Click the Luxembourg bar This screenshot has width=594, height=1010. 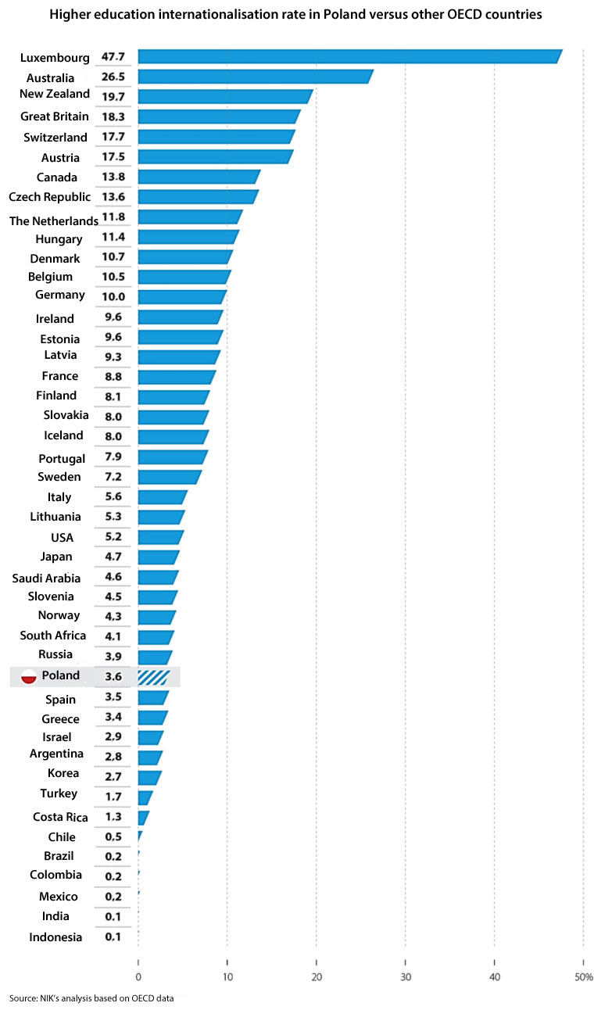349,56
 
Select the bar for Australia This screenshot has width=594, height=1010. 255,76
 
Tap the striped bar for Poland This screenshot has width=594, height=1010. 153,677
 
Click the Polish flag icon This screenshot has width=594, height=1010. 29,676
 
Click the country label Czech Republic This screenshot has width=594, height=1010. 49,196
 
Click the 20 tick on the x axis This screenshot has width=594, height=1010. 317,976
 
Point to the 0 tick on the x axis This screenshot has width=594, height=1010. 138,976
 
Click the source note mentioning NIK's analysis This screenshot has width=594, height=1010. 91,999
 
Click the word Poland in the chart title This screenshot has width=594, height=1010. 317,15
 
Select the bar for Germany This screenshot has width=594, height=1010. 182,296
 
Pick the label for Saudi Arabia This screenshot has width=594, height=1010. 46,578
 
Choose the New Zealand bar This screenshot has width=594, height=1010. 225,96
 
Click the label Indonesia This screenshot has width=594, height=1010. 55,937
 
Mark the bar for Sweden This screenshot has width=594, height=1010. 170,477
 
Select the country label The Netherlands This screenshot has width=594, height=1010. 54,220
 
